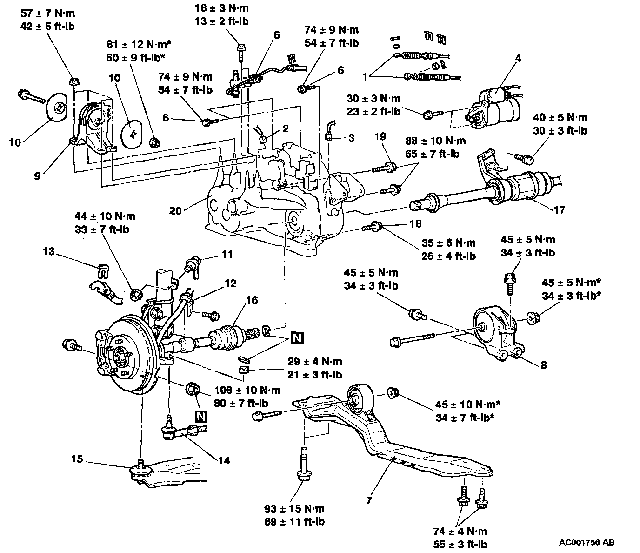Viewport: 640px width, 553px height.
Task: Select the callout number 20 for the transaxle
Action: [175, 210]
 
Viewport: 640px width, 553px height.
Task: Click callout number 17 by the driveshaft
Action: [560, 210]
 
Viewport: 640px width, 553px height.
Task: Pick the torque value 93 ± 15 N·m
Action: [294, 508]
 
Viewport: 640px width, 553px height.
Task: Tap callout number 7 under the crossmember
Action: [369, 501]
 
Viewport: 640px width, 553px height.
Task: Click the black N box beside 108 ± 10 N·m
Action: [201, 416]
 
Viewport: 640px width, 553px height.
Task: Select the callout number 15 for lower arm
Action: [77, 459]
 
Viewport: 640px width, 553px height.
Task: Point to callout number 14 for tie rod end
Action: [224, 461]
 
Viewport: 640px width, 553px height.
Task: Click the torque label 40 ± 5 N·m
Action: [560, 118]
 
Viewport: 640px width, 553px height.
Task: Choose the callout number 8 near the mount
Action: [543, 365]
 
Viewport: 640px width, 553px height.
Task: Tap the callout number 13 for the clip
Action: [48, 251]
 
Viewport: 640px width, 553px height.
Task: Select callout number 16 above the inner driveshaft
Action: [252, 300]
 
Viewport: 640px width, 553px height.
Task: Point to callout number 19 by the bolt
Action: [380, 136]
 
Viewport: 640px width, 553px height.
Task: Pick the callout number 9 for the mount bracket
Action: [37, 176]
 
